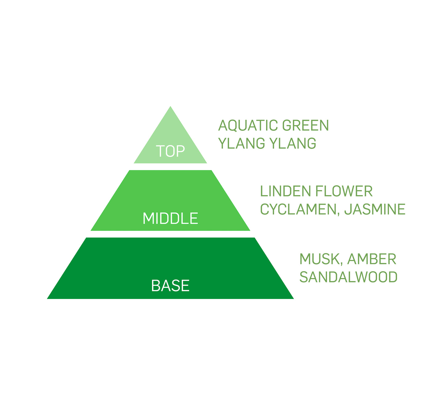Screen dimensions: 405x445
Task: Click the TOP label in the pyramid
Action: point(170,151)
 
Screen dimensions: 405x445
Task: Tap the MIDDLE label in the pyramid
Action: point(170,219)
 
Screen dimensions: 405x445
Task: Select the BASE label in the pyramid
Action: point(170,286)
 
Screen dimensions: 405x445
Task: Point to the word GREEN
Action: point(306,125)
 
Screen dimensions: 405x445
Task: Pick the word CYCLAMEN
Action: point(298,209)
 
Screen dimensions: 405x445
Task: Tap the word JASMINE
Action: point(375,209)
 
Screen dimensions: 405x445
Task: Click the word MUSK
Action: point(319,259)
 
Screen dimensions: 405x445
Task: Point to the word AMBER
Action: point(372,259)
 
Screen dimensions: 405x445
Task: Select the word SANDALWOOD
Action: point(348,277)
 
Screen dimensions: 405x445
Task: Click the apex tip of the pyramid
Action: point(170,107)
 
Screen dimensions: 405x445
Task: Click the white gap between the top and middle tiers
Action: point(170,167)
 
